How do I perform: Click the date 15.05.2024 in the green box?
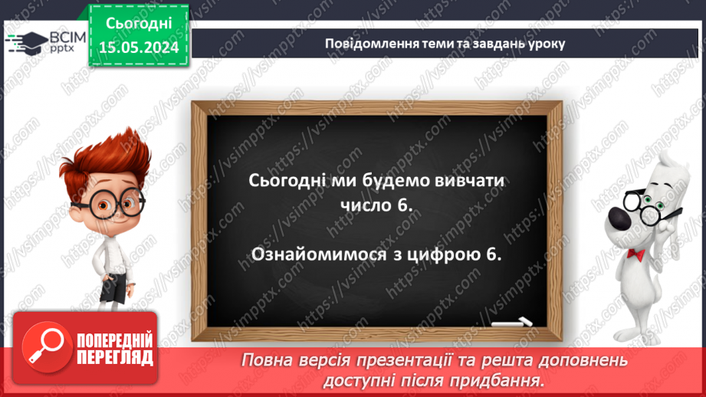point(140,48)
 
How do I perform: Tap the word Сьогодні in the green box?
point(140,25)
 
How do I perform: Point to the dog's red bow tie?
point(633,252)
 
